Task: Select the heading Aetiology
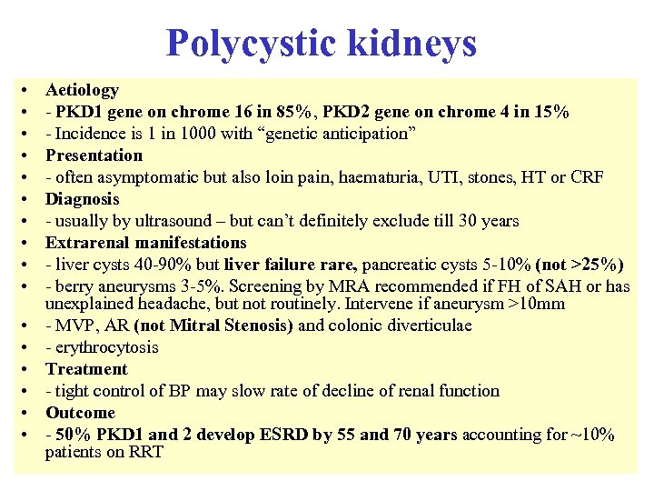(x=82, y=90)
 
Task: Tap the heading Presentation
(x=94, y=155)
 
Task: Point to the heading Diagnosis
(x=82, y=199)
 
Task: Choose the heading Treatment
(x=86, y=369)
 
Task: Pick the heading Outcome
(x=80, y=413)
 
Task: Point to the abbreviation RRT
(x=146, y=452)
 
